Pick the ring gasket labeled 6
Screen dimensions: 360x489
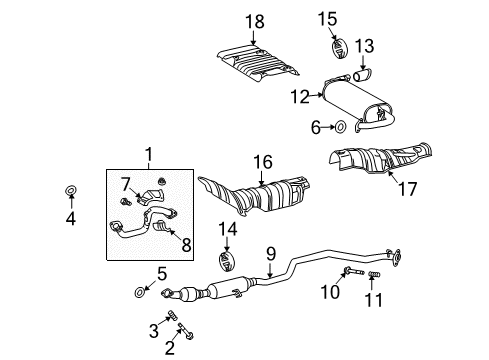pyautogui.click(x=342, y=127)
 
